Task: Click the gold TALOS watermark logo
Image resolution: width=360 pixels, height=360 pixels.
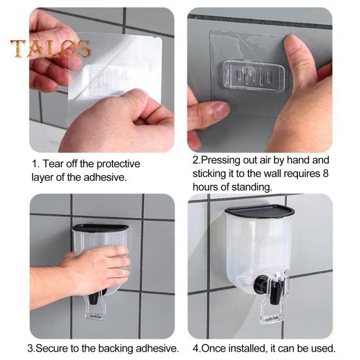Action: click(x=50, y=48)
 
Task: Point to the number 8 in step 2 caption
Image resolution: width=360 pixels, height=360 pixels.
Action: click(x=325, y=174)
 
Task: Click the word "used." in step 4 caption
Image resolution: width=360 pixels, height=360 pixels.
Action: click(x=323, y=348)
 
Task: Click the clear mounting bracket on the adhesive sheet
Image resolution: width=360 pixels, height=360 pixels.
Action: click(x=254, y=74)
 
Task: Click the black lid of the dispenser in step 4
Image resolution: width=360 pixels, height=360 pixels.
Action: click(x=259, y=211)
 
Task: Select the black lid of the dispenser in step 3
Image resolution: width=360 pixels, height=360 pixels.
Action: click(x=101, y=228)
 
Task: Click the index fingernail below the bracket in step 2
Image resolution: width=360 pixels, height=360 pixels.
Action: click(x=220, y=110)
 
